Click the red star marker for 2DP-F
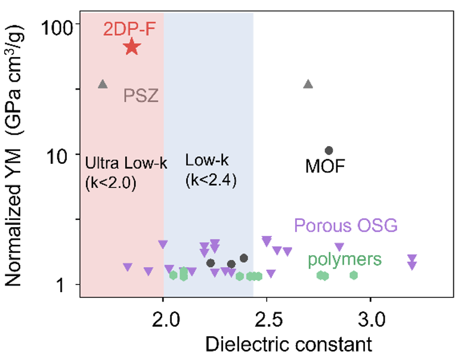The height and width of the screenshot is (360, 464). pos(132,47)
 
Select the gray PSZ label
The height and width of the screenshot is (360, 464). pos(141,95)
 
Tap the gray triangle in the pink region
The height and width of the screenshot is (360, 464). pos(103,85)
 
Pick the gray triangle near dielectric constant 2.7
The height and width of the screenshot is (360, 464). pos(308,85)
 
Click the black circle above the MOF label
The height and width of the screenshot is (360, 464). pos(329,150)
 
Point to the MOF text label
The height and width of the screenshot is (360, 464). pos(325,166)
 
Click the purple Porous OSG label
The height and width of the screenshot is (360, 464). pos(345,226)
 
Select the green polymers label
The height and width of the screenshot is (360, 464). pos(345,260)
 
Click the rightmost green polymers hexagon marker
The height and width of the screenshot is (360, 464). pos(354,275)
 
